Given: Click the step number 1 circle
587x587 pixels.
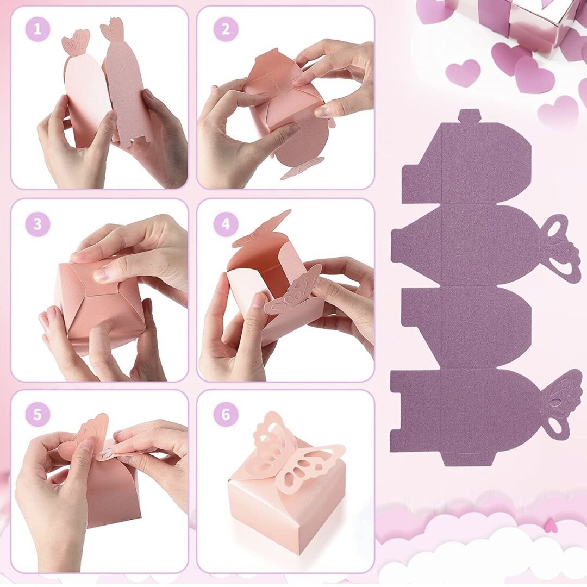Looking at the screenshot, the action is coord(38,29).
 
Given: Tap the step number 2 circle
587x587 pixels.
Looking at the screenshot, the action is coord(226,29).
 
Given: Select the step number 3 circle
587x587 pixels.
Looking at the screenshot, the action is coord(38,224).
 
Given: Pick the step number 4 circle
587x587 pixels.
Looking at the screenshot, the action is coord(226,224).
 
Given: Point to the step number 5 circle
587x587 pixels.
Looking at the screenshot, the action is coord(38,414).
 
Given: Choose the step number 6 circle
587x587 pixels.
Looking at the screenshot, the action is coord(226,414).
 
